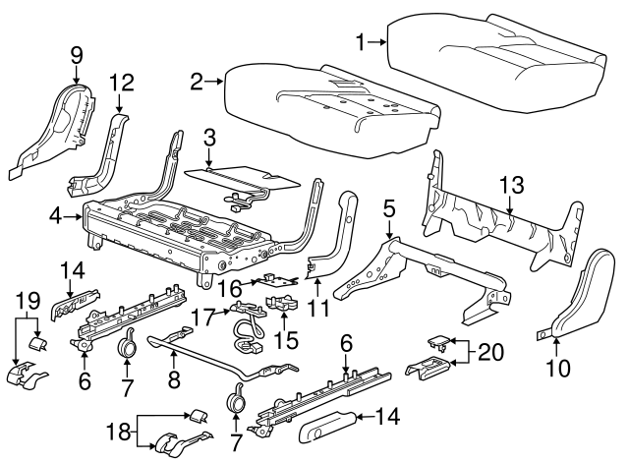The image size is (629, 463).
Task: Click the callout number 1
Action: (x=361, y=40)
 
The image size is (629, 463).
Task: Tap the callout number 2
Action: (x=197, y=82)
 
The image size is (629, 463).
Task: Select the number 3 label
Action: (x=208, y=137)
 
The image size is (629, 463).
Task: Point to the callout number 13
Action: (x=511, y=184)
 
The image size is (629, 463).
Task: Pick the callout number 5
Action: (x=389, y=207)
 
